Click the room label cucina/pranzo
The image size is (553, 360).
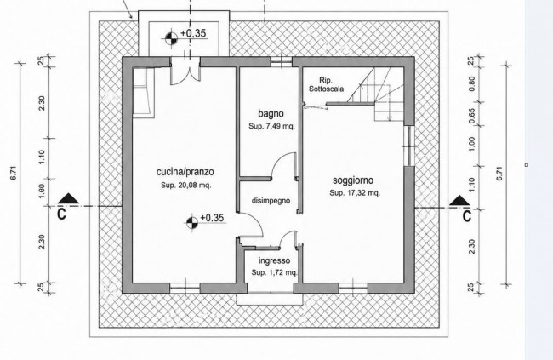click(185, 172)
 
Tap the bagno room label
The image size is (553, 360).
click(271, 114)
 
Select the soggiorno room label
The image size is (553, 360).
click(353, 180)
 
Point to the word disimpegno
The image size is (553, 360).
click(271, 201)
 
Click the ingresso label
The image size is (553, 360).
click(275, 260)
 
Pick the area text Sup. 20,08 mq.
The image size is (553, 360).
click(186, 186)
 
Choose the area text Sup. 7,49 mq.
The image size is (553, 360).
click(271, 126)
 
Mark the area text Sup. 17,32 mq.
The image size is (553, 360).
click(355, 193)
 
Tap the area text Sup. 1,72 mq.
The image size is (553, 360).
click(275, 272)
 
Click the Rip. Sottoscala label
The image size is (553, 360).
click(326, 85)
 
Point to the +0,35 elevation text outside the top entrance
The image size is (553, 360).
click(193, 33)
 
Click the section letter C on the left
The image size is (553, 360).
click(62, 214)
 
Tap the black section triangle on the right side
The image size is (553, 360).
click(459, 200)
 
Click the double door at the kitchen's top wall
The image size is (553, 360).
click(185, 72)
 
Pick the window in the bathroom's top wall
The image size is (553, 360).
click(282, 62)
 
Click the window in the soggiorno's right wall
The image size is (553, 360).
click(409, 146)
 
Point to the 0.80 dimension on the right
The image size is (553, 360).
click(472, 83)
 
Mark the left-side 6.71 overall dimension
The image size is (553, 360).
click(14, 173)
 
